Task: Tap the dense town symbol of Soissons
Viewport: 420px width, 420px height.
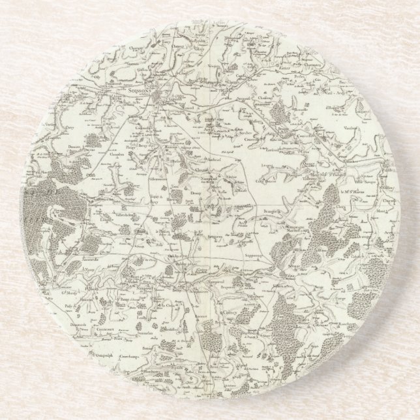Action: [163, 98]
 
